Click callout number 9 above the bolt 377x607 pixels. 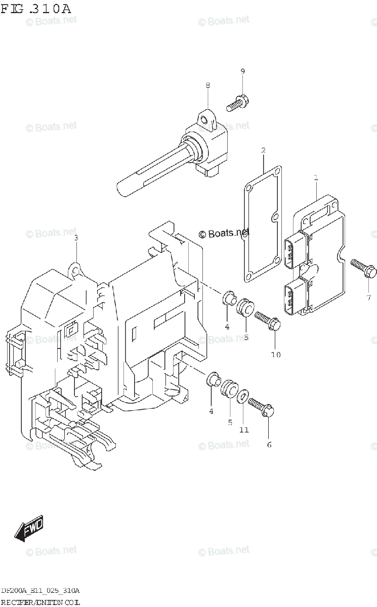pos(242,72)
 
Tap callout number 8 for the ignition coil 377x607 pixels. pos(207,86)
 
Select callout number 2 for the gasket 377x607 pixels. pos(264,150)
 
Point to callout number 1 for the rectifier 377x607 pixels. pos(316,178)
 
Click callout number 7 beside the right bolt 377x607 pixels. pos(368,297)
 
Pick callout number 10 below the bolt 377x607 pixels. pos(275,355)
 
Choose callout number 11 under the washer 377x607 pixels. pos(244,430)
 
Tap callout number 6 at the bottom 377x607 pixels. pos(269,445)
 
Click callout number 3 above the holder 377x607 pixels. pos(76,238)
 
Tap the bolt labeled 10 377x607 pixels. pos(268,322)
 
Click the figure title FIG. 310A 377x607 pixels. pos(35,9)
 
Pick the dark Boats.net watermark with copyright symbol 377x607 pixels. pos(224,233)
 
